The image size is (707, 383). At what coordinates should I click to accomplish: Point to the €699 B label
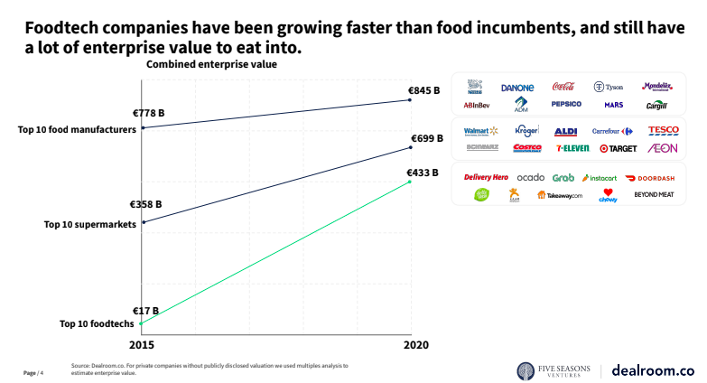click(x=423, y=138)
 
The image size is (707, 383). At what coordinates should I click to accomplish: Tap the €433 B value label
click(x=423, y=172)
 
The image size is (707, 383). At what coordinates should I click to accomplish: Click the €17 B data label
click(x=145, y=310)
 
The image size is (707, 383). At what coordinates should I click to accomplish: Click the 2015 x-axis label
click(x=142, y=345)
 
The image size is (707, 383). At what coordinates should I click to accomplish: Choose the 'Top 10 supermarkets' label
click(x=90, y=224)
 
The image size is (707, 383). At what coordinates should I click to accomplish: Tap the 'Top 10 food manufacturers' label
click(x=77, y=129)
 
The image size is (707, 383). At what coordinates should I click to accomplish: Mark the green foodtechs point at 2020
click(x=411, y=182)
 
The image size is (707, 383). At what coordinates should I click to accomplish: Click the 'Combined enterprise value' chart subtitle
click(x=211, y=65)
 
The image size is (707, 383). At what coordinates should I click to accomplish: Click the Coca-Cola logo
click(x=563, y=87)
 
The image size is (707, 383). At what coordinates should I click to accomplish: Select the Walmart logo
click(x=480, y=131)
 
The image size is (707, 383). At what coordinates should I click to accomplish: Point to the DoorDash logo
click(x=650, y=178)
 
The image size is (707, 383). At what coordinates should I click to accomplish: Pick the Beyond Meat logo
click(x=654, y=194)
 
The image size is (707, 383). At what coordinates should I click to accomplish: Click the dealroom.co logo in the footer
click(x=653, y=370)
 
